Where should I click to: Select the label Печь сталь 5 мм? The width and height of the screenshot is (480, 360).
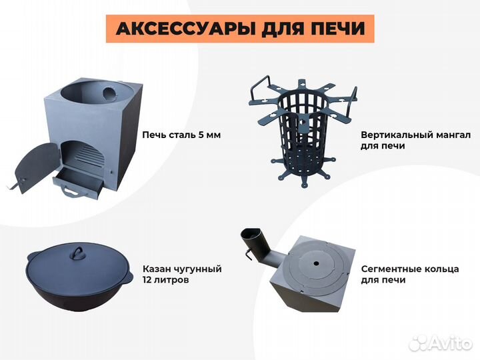point(181,135)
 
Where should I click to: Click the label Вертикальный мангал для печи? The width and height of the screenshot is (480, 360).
point(415,139)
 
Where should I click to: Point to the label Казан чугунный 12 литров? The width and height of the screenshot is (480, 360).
point(181,275)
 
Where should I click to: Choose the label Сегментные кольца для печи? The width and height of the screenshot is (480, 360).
point(409,275)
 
